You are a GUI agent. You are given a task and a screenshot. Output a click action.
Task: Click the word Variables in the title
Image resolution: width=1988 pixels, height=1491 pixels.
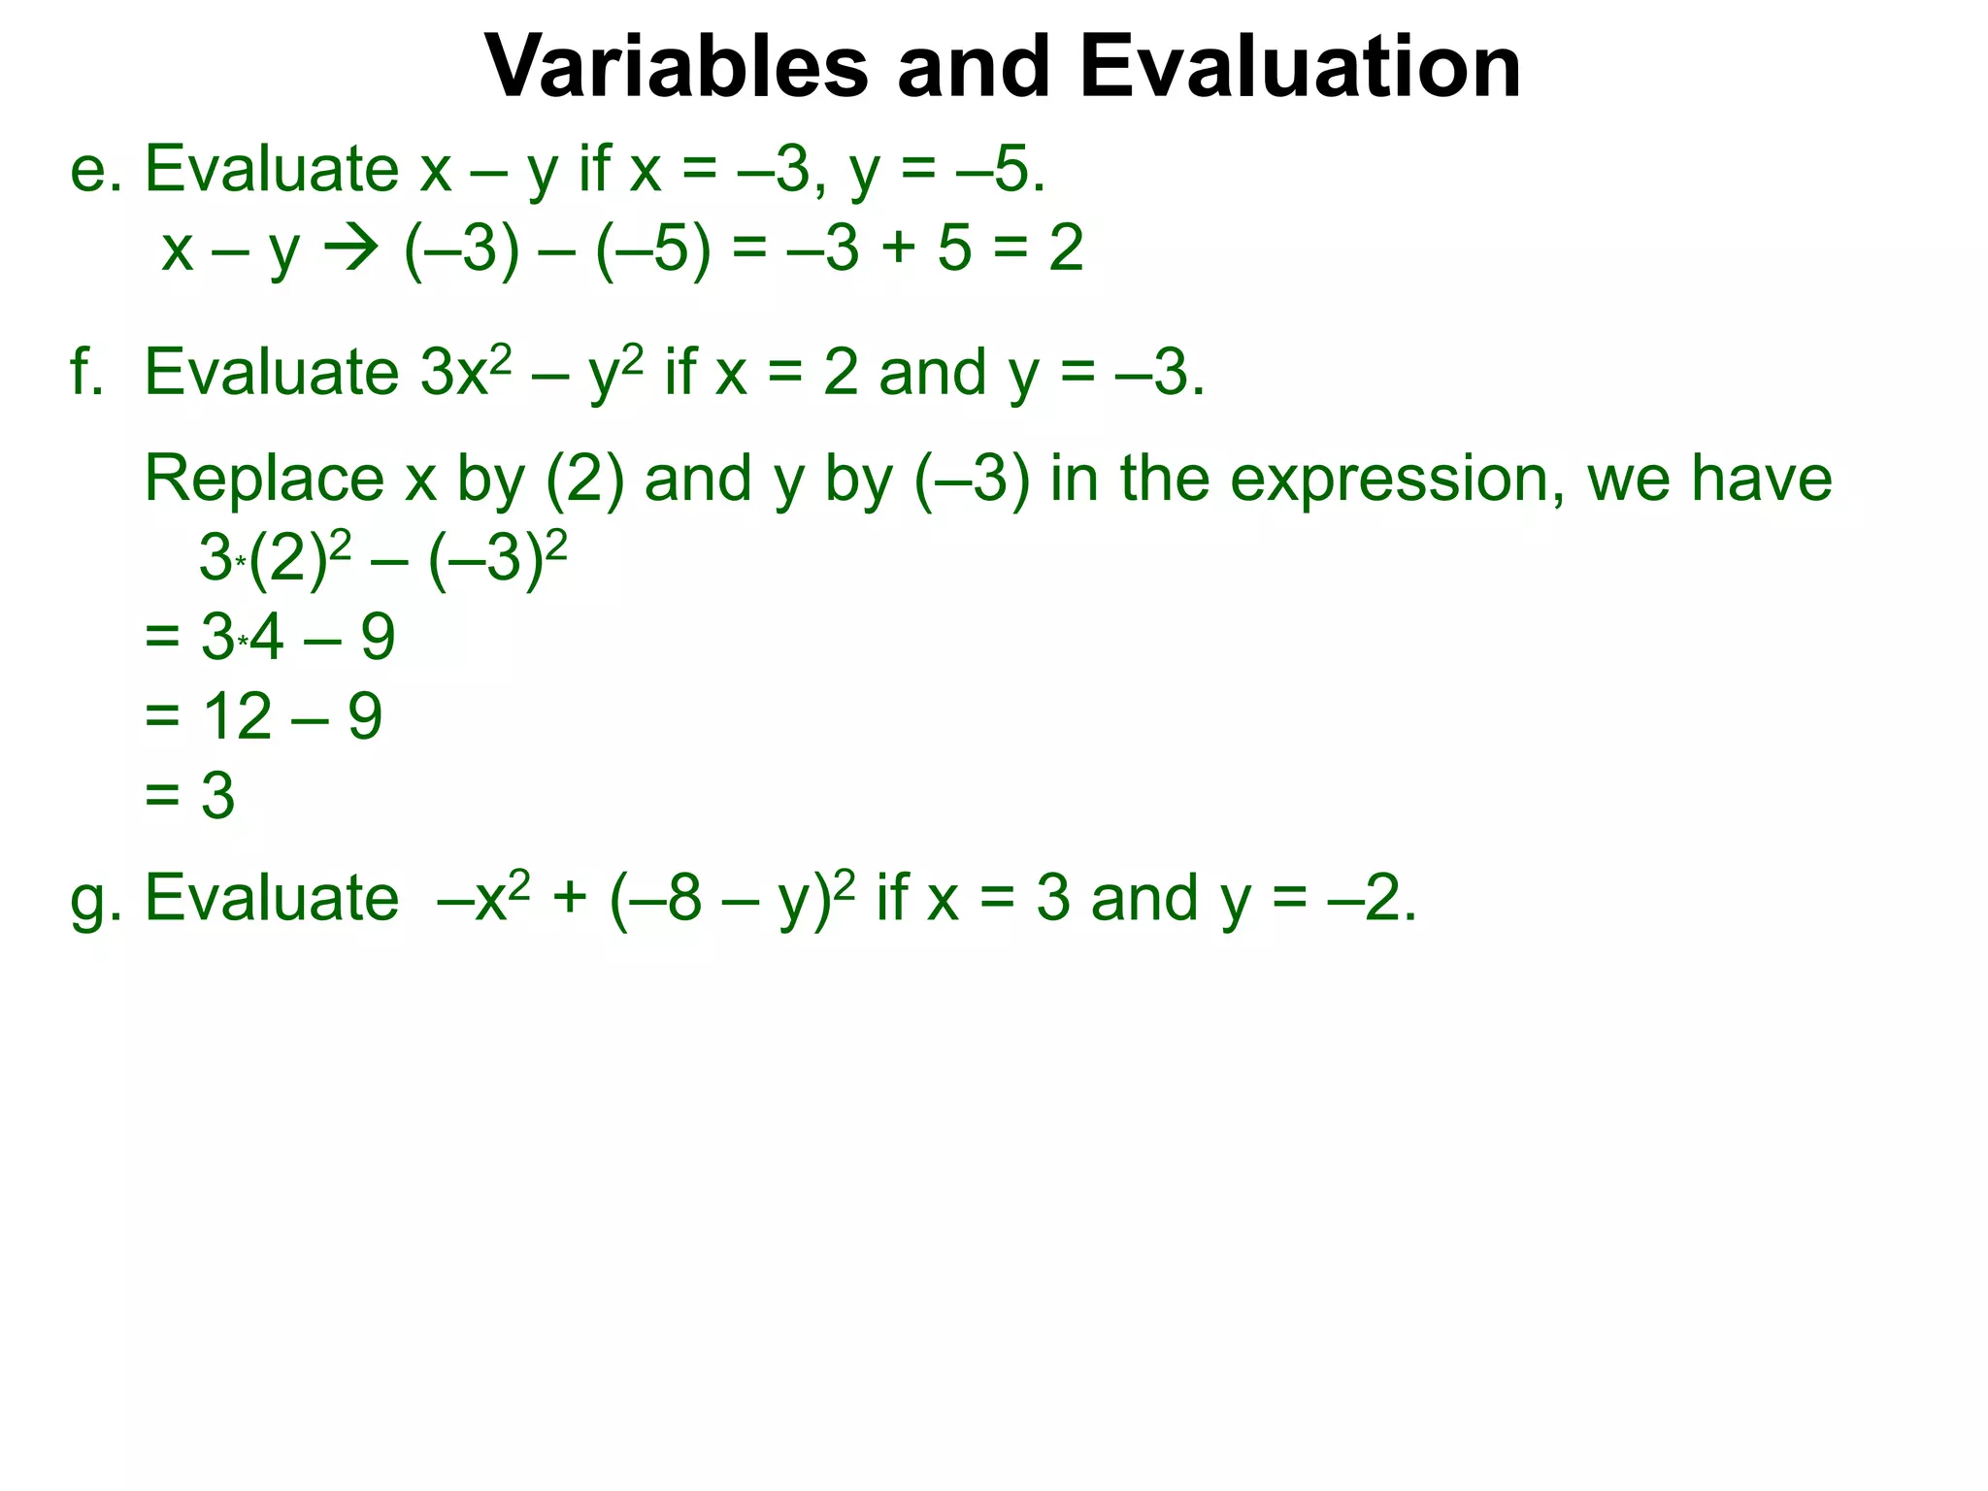point(676,68)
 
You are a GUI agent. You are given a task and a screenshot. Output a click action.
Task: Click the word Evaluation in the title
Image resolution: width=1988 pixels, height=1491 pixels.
point(1300,68)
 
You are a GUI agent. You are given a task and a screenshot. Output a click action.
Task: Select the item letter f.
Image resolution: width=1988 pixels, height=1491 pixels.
point(85,373)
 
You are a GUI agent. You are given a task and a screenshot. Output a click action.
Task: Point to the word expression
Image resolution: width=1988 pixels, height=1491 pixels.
point(1397,480)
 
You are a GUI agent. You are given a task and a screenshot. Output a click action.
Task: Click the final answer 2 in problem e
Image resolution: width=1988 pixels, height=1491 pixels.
point(1066,248)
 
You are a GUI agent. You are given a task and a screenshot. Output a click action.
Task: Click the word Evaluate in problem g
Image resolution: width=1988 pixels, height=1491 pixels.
point(272,898)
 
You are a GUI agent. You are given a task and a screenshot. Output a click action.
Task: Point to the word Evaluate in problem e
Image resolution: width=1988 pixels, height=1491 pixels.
point(272,169)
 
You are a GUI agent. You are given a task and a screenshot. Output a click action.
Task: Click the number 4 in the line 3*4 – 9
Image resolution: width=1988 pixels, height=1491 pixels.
point(266,639)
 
